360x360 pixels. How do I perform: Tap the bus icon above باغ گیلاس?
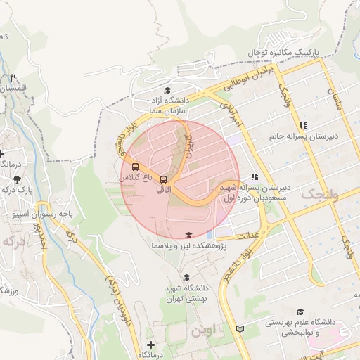pos(135,167)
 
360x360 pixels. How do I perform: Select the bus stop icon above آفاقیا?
pos(162,180)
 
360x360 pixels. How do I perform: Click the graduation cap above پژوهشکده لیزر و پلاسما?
pos(188,236)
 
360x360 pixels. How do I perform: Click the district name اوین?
pos(207,329)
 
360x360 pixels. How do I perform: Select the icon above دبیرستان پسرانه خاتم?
pos(303,124)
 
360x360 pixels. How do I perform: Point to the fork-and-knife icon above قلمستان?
pos(13,78)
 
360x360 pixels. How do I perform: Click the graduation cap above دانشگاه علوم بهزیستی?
pos(301,311)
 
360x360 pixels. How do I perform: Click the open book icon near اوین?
pos(241,329)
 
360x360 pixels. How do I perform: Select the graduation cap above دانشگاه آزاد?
pos(167,90)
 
